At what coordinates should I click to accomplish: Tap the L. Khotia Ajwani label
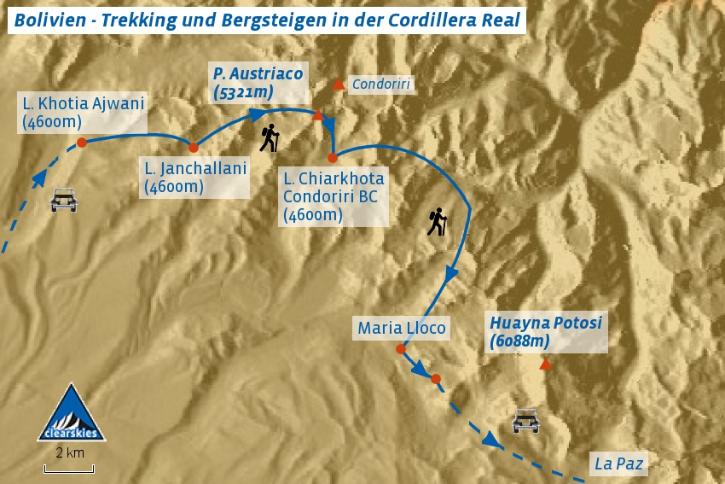click(x=84, y=113)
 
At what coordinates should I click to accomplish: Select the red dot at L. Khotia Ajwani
click(x=81, y=143)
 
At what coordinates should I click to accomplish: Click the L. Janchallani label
click(x=195, y=178)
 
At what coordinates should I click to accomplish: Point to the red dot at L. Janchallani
click(x=194, y=148)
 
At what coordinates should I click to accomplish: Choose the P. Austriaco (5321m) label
click(x=258, y=82)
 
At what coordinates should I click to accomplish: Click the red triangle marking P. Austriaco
click(x=317, y=115)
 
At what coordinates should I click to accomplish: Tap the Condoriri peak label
click(x=381, y=84)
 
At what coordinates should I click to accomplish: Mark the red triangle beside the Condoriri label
click(x=339, y=84)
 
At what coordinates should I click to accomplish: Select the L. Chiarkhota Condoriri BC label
click(x=333, y=197)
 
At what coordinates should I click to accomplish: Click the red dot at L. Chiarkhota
click(x=333, y=157)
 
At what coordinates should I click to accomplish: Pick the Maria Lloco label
click(x=402, y=328)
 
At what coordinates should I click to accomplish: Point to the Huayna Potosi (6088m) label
click(x=546, y=332)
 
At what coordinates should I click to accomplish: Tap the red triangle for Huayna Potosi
click(x=546, y=364)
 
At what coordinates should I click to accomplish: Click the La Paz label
click(x=618, y=464)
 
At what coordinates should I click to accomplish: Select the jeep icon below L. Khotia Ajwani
click(x=64, y=201)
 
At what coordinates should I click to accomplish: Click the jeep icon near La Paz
click(x=525, y=421)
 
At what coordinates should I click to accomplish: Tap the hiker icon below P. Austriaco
click(x=270, y=138)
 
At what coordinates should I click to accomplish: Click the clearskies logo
click(x=71, y=414)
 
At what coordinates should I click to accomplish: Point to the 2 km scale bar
click(x=69, y=468)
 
